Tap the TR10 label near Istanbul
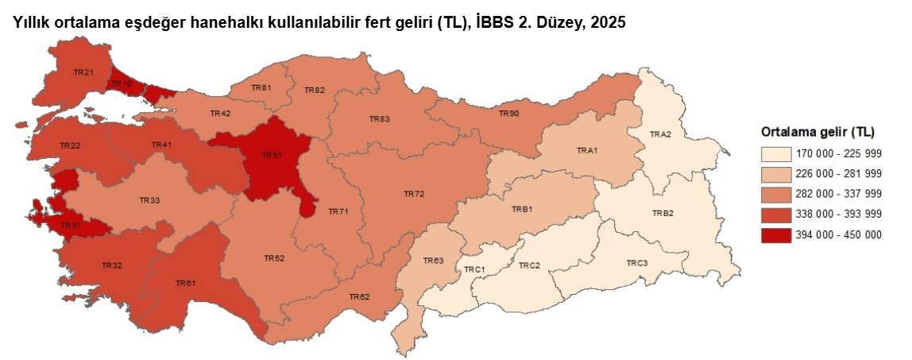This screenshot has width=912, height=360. tap(121, 83)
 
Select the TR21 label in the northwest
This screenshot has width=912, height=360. tap(83, 72)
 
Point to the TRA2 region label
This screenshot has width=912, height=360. tap(660, 134)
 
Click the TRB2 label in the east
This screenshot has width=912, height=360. tap(663, 213)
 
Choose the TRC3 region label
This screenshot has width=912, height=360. tap(636, 262)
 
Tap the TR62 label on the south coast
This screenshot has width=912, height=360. tap(359, 296)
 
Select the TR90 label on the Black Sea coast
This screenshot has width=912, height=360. tap(508, 114)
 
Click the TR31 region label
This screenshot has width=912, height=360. tap(71, 226)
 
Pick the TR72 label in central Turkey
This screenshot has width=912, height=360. tap(414, 193)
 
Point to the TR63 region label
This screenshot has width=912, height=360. tap(433, 261)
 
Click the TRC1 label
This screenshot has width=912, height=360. tap(474, 270)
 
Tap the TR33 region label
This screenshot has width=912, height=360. tap(149, 200)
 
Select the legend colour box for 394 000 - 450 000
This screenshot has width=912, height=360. tap(775, 235)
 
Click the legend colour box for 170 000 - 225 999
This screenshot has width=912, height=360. tap(775, 153)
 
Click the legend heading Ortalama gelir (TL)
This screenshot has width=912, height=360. tap(817, 131)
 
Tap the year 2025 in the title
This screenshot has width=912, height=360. tap(608, 23)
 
